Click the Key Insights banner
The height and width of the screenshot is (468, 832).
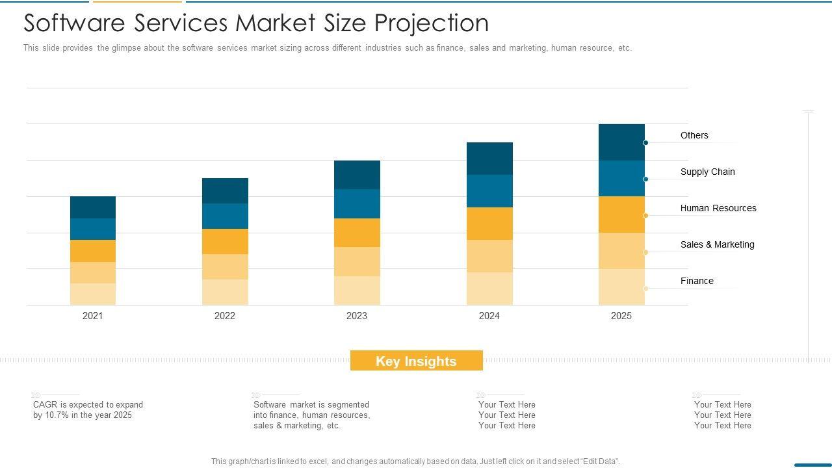pyautogui.click(x=416, y=361)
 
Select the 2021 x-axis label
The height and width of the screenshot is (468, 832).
pyautogui.click(x=92, y=316)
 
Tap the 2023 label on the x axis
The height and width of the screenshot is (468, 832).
pyautogui.click(x=356, y=316)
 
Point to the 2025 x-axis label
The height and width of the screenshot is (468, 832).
pyautogui.click(x=621, y=316)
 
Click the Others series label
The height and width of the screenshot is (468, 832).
pyautogui.click(x=694, y=135)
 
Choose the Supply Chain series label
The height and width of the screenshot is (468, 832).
pyautogui.click(x=707, y=172)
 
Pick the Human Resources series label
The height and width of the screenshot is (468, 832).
pyautogui.click(x=718, y=208)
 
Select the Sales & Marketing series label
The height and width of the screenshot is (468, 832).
pyautogui.click(x=717, y=244)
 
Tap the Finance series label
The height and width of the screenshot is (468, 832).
pyautogui.click(x=697, y=281)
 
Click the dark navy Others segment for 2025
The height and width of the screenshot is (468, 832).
pyautogui.click(x=621, y=142)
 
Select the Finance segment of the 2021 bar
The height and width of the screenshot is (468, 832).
pyautogui.click(x=93, y=294)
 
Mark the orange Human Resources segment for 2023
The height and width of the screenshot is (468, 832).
pyautogui.click(x=357, y=233)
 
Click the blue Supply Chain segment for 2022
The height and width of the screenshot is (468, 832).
pyautogui.click(x=225, y=216)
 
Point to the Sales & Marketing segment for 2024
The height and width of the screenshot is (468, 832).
pyautogui.click(x=489, y=256)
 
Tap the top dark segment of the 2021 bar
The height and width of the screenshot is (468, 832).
pyautogui.click(x=93, y=207)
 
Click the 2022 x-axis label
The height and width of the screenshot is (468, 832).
pyautogui.click(x=224, y=316)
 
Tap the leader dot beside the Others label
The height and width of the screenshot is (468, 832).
pyautogui.click(x=645, y=143)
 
